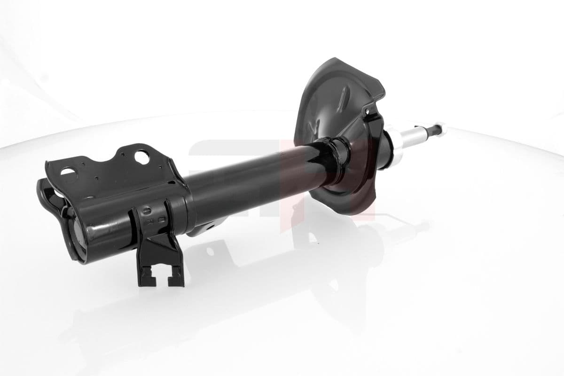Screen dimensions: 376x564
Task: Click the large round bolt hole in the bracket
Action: coord(141,156)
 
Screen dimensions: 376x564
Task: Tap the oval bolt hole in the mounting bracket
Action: coord(67,171)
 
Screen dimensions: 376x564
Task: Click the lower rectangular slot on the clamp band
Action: coord(162,219)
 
